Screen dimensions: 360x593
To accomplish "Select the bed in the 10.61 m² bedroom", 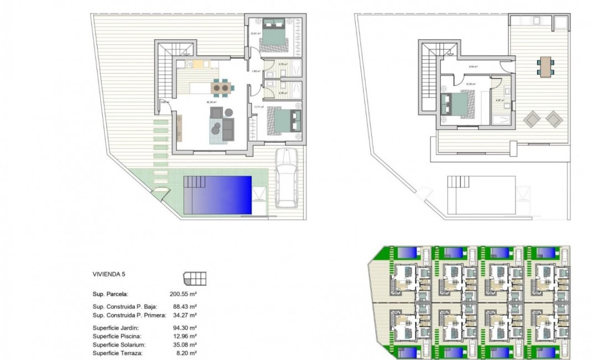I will pos(273,33).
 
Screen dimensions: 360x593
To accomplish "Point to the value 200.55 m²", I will pos(183,294).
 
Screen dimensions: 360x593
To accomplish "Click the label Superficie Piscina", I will pos(117,336).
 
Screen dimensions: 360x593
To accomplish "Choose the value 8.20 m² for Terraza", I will pos(185,353).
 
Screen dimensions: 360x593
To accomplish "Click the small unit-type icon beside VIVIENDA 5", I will pos(195,276).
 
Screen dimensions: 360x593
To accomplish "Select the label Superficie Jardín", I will pos(115,328).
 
